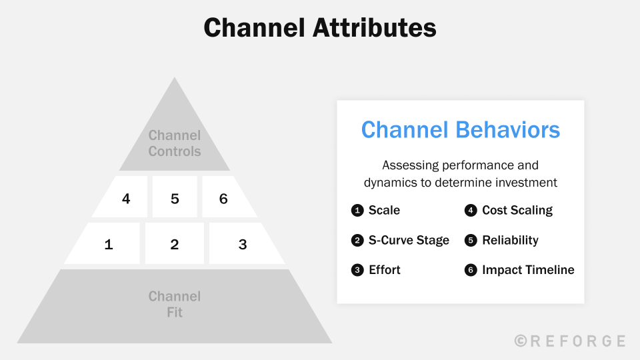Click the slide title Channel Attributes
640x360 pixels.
coord(320,28)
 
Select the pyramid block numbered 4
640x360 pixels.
coord(125,198)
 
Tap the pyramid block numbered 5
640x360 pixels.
coord(175,198)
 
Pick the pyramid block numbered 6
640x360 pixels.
coord(224,198)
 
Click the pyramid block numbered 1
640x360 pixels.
coord(109,244)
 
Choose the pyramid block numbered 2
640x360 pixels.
coord(175,244)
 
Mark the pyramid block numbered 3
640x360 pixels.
coord(243,244)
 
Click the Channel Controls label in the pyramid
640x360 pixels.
coord(175,143)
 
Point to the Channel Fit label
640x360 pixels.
coord(175,304)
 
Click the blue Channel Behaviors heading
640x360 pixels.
coord(461,129)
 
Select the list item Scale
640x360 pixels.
coord(384,211)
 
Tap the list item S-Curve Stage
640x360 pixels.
coord(409,240)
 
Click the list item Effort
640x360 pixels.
coord(385,270)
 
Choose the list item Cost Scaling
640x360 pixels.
coord(517,211)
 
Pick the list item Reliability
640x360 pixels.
coord(510,240)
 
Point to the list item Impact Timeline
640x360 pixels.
coord(528,270)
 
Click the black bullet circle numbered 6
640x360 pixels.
coord(471,270)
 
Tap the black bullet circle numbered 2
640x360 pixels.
coord(357,241)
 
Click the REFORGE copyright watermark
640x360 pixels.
coord(571,341)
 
